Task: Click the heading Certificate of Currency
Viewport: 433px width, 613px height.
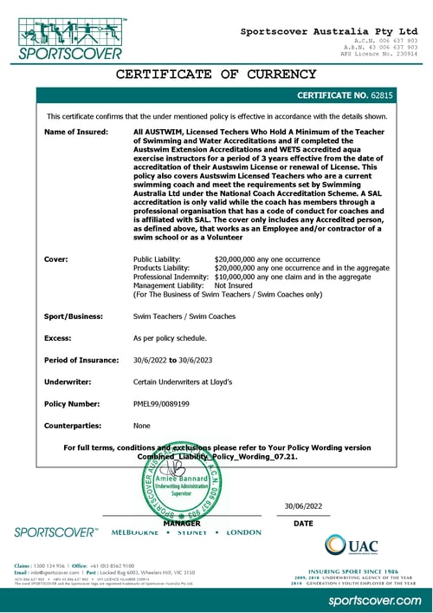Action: point(216,74)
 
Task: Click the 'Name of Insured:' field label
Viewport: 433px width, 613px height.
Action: point(76,132)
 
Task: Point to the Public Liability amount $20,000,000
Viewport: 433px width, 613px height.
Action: point(242,259)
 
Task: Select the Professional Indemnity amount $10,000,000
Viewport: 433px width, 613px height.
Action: point(242,277)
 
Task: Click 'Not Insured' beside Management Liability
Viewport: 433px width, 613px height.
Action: point(232,285)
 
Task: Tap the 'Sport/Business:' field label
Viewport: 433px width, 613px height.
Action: point(75,318)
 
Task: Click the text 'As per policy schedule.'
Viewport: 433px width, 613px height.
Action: point(170,339)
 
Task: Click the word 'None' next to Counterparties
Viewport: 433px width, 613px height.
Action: point(141,426)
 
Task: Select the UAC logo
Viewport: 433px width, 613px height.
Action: point(351,545)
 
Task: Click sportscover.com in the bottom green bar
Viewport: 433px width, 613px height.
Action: point(373,600)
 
